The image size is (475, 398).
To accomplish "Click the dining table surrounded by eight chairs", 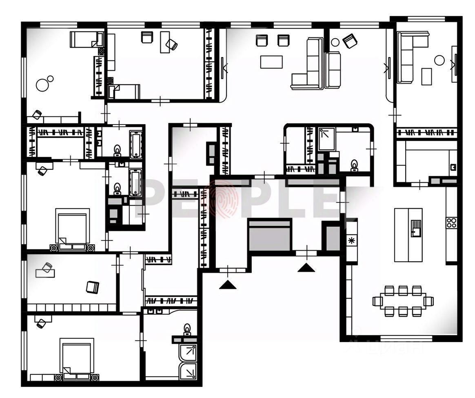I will click(x=403, y=301).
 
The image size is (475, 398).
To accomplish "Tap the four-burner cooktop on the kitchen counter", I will click(x=451, y=223).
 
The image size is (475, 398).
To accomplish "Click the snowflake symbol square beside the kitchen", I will click(x=351, y=240).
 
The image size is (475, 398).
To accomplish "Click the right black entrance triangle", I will click(x=306, y=268).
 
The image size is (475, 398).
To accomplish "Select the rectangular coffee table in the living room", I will click(x=271, y=62).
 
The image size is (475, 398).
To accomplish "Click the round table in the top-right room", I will click(x=439, y=60).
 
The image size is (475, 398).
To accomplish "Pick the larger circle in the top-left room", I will click(x=42, y=85).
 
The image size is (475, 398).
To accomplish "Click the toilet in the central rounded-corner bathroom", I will click(x=354, y=165).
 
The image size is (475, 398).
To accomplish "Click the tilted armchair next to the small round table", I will click(x=350, y=41).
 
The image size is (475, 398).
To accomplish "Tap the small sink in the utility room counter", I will click(x=453, y=167).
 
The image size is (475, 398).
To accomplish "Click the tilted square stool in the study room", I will click(x=93, y=287).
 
